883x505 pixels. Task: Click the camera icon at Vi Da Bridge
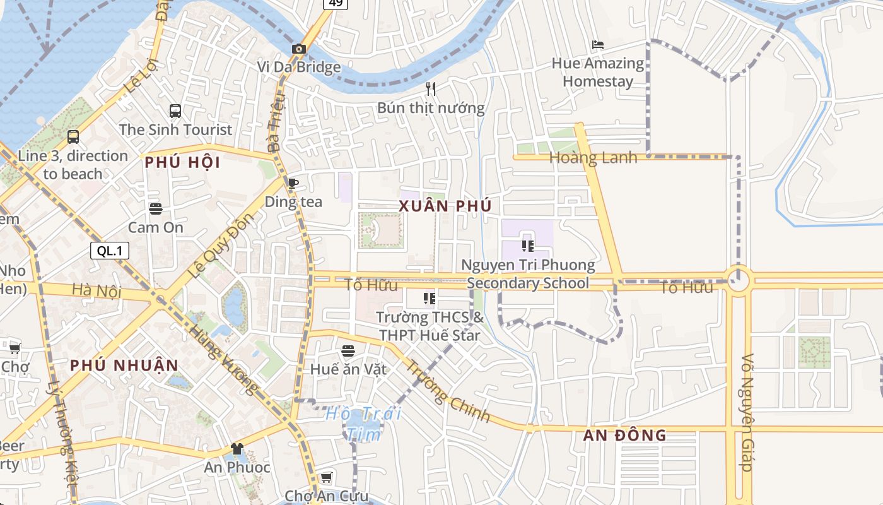pos(299,49)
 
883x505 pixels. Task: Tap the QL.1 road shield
pos(110,251)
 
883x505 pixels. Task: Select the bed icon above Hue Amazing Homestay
pos(598,45)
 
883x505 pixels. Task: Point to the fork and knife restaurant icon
pos(431,88)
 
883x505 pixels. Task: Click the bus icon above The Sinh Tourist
pos(175,111)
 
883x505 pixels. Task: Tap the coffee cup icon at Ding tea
pos(293,183)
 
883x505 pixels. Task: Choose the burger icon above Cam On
pos(156,208)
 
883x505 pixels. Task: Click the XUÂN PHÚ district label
pos(445,206)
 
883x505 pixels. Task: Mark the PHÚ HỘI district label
pos(182,163)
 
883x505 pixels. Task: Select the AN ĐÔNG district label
pos(624,435)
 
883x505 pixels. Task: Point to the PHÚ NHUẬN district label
pos(124,365)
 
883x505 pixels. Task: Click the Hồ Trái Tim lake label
pos(364,424)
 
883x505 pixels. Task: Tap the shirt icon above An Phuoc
pos(237,449)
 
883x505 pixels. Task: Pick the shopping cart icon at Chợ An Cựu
pos(326,477)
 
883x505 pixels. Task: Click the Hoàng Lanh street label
pos(593,158)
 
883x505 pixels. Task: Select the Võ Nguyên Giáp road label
pos(747,412)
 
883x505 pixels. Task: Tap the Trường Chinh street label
pos(447,391)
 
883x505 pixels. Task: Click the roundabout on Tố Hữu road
pos(738,279)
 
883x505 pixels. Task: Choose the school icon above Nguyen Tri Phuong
pos(528,246)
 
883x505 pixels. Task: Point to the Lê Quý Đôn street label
pos(221,246)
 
